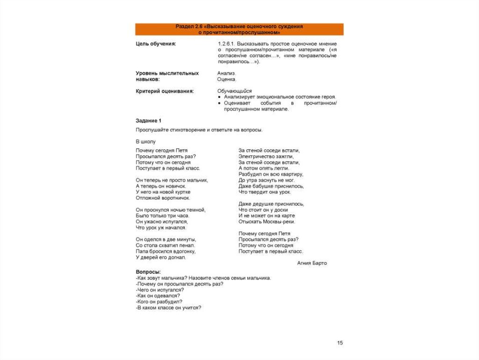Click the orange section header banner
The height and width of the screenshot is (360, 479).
coord(239,29)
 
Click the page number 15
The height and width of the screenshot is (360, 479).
coord(340,343)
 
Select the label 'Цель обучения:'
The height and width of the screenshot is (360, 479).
coord(156,44)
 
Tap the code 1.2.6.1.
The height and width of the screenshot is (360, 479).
coord(226,44)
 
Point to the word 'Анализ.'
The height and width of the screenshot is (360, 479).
coord(227,73)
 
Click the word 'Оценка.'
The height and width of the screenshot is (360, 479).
coord(227,80)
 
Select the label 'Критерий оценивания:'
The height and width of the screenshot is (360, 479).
coord(165,91)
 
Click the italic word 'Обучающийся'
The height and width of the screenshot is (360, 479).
coord(234,91)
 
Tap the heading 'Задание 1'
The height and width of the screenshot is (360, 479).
coord(148,120)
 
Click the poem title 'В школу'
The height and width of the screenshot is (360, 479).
coord(145,141)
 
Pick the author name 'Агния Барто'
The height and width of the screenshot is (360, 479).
coord(312,263)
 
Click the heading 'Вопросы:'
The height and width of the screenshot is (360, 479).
coord(148,272)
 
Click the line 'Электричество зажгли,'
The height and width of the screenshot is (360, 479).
coord(266,156)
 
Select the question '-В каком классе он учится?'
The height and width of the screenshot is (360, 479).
coord(168,308)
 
